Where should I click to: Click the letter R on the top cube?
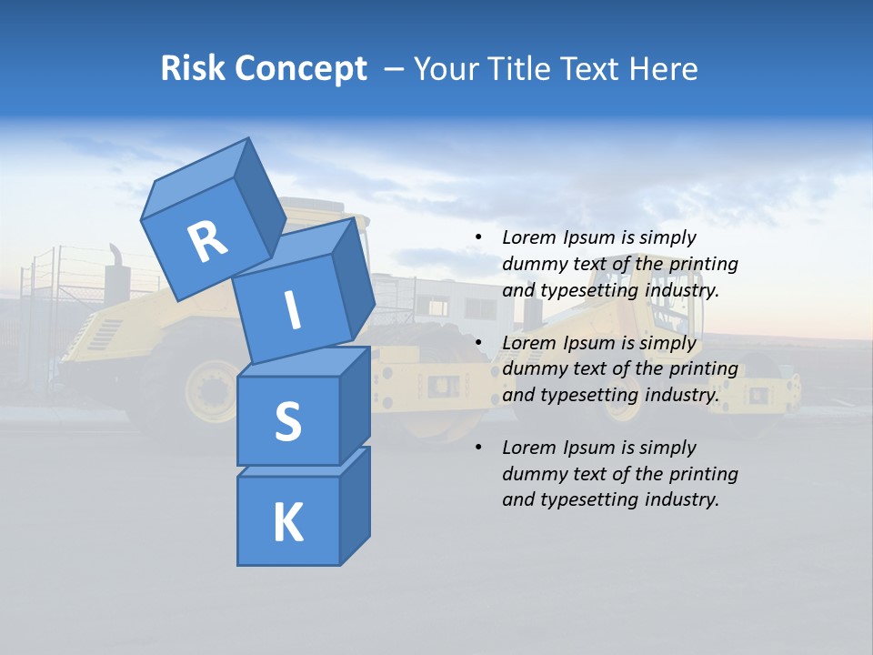208,241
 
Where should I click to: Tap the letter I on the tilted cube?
292,310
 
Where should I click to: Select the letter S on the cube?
287,421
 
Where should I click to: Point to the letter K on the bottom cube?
287,522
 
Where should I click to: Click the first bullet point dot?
478,237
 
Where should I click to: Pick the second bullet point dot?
478,343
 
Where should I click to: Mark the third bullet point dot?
478,448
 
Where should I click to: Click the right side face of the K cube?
355,505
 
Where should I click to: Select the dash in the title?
395,69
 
